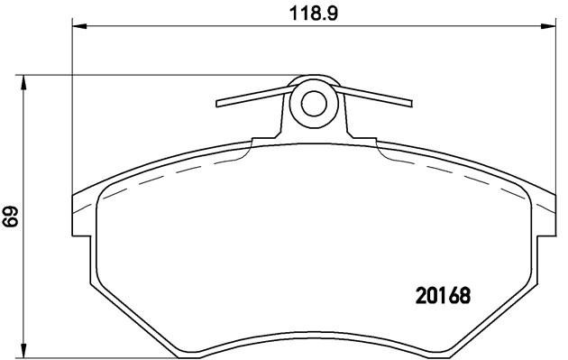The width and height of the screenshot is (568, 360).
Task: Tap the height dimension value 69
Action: (12, 217)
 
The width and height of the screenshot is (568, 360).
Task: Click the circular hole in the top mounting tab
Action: (313, 103)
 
